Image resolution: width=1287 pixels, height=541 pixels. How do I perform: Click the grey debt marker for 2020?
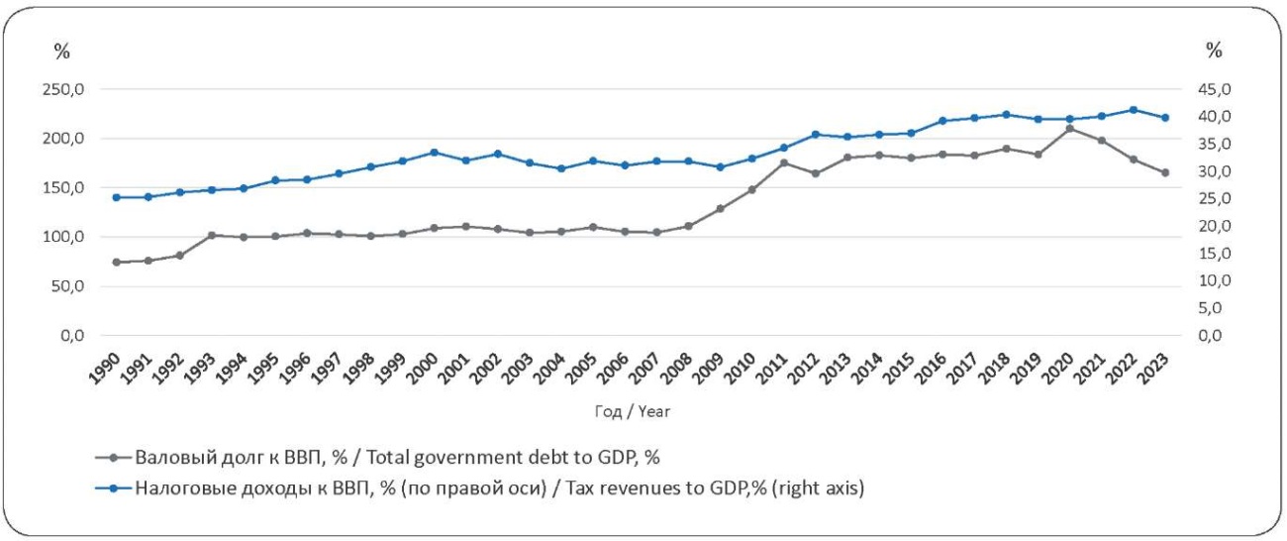pyautogui.click(x=1069, y=128)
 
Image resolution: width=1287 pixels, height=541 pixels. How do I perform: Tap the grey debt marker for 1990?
pyautogui.click(x=116, y=263)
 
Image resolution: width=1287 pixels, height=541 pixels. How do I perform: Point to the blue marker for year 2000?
pyautogui.click(x=434, y=153)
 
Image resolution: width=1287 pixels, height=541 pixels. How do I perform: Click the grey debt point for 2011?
pyautogui.click(x=783, y=162)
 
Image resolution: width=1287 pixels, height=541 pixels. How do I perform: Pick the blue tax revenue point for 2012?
pyautogui.click(x=815, y=135)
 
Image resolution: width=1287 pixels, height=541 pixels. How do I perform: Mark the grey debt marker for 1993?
pyautogui.click(x=211, y=236)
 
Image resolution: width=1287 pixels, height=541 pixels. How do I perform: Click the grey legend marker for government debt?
pyautogui.click(x=113, y=458)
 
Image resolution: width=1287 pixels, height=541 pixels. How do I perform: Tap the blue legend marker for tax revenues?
pyautogui.click(x=113, y=488)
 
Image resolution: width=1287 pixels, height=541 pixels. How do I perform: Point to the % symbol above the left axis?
pyautogui.click(x=62, y=51)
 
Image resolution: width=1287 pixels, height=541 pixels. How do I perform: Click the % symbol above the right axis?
pyautogui.click(x=1214, y=51)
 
